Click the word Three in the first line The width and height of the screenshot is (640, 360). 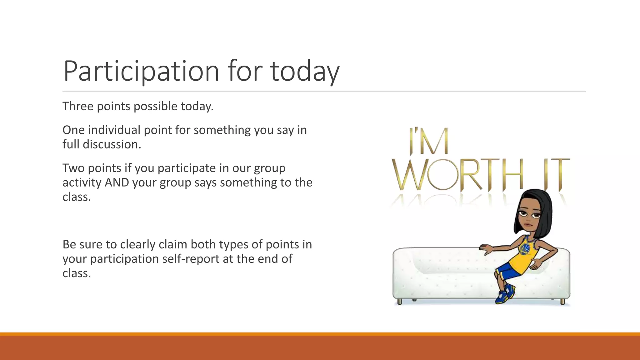pos(78,106)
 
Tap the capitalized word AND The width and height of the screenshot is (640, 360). pos(117,182)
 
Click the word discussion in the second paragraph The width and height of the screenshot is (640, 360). pos(112,144)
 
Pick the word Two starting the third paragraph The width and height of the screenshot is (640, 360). pos(73,168)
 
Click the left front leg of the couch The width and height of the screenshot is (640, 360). pos(399,302)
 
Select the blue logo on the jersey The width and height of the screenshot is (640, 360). pos(525,249)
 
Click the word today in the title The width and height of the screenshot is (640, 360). pos(305,71)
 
